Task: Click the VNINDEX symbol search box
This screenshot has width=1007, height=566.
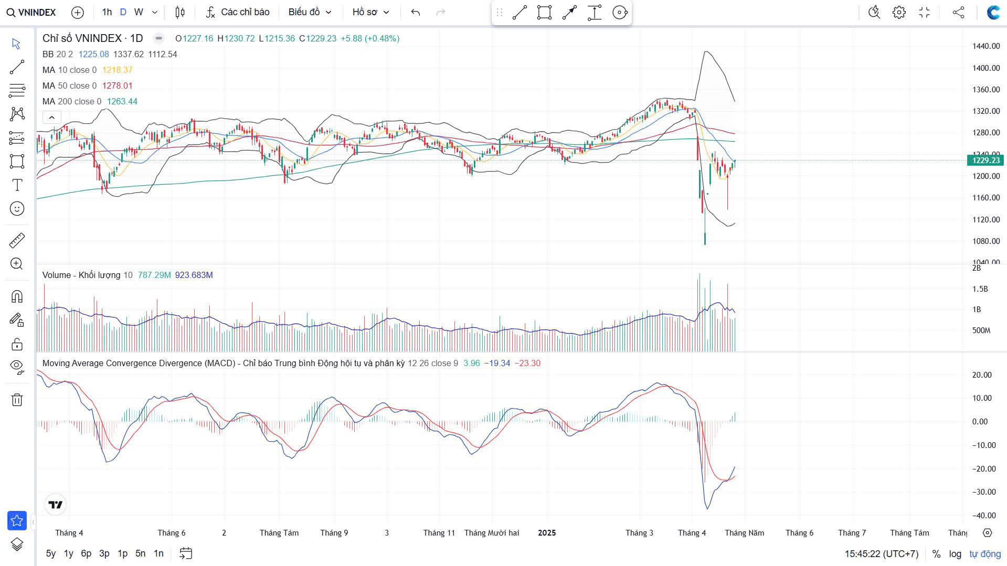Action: pyautogui.click(x=31, y=13)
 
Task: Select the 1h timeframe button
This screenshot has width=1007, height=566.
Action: pyautogui.click(x=107, y=12)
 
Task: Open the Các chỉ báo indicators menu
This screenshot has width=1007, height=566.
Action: pyautogui.click(x=238, y=12)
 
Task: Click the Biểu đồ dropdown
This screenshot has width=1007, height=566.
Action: pyautogui.click(x=310, y=12)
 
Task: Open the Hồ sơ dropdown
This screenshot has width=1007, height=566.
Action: pyautogui.click(x=370, y=12)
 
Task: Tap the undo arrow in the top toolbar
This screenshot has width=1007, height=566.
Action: pyautogui.click(x=416, y=12)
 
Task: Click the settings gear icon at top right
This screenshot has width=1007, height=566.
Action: pyautogui.click(x=899, y=13)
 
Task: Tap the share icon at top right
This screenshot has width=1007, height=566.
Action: pyautogui.click(x=958, y=13)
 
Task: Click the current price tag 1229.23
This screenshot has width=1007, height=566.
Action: pyautogui.click(x=985, y=161)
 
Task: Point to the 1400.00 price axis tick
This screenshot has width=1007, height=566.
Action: pyautogui.click(x=986, y=68)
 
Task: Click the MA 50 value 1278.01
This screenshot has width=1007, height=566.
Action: pyautogui.click(x=117, y=86)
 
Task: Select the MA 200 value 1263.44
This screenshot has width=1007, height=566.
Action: pyautogui.click(x=122, y=101)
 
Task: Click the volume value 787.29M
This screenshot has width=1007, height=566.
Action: pyautogui.click(x=154, y=275)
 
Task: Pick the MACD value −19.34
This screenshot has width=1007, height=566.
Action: pyautogui.click(x=497, y=363)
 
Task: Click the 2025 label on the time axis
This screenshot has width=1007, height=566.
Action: pyautogui.click(x=547, y=532)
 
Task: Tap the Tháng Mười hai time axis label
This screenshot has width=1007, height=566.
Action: pyautogui.click(x=492, y=532)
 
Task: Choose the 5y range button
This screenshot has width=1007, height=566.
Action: pyautogui.click(x=50, y=553)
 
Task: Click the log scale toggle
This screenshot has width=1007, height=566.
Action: pyautogui.click(x=955, y=554)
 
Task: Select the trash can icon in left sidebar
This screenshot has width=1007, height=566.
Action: pyautogui.click(x=17, y=400)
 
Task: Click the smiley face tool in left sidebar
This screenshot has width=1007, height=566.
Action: pyautogui.click(x=17, y=209)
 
